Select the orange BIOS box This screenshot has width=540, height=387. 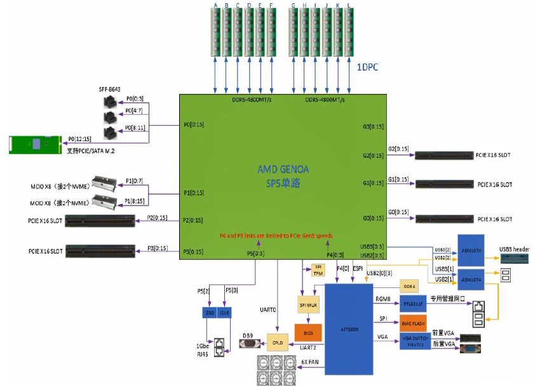click(x=307, y=333)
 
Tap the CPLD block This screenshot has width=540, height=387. click(x=278, y=343)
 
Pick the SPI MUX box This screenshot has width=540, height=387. click(x=307, y=305)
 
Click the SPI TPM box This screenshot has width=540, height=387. click(x=318, y=270)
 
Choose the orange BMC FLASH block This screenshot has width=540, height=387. click(x=414, y=322)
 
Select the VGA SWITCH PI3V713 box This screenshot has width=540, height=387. click(x=414, y=341)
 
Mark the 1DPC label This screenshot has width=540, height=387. click(x=367, y=67)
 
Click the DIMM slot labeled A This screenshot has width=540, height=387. click(x=216, y=32)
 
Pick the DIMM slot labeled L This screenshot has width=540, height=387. click(x=348, y=32)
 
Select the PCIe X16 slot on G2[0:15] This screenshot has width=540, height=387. click(x=443, y=155)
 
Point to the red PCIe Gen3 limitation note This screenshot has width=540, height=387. click(x=276, y=235)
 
